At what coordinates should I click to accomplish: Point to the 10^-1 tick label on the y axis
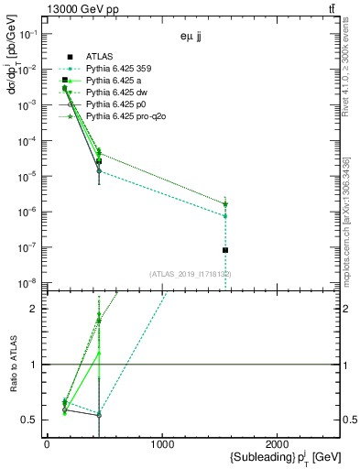click(27, 33)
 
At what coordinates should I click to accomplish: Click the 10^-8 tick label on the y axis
click(27, 283)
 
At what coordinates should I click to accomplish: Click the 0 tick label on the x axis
click(47, 445)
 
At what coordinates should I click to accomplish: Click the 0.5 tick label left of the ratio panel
click(29, 420)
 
